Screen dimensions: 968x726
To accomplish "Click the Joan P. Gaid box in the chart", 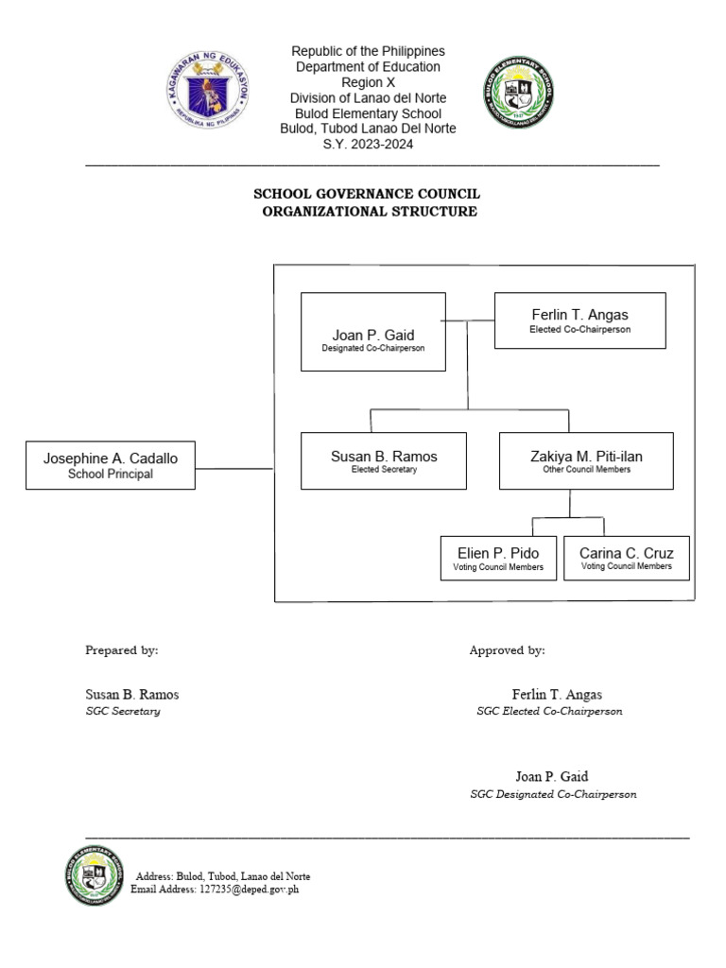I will [x=372, y=332].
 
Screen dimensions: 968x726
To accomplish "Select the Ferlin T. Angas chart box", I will [x=579, y=320].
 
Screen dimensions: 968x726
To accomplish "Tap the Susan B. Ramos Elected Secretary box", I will [x=383, y=460].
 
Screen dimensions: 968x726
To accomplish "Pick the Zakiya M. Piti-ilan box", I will [x=586, y=460].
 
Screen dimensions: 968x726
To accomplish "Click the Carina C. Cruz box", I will [x=627, y=558].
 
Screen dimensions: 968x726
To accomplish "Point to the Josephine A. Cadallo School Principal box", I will [x=110, y=465].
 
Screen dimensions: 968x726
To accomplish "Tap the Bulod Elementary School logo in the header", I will [x=518, y=93].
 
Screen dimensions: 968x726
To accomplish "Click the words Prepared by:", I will [x=122, y=650].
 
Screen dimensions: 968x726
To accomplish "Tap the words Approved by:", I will [x=507, y=650].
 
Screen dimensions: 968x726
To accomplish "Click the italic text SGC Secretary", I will [x=123, y=711].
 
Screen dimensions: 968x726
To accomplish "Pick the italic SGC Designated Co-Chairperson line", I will [x=553, y=794].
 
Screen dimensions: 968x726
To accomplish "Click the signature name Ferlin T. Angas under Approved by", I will [x=557, y=695].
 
